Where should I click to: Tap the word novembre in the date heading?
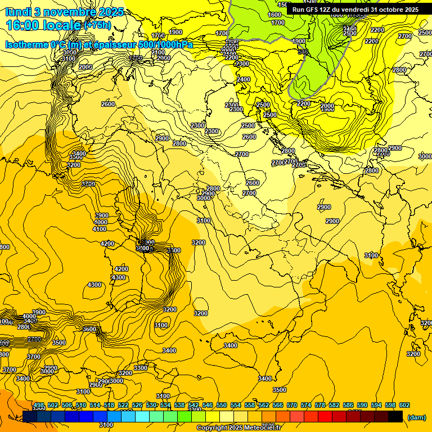pos(64,11)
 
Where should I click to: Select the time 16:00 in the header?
pos(25,25)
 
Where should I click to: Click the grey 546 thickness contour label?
pos(304,52)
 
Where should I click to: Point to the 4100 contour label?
pos(100,229)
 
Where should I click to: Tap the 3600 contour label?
pos(89,329)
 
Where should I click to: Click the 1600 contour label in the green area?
pos(274,15)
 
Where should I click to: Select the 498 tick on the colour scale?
pos(39,405)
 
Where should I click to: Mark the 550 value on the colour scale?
pos(222,405)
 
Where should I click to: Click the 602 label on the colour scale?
pos(404,405)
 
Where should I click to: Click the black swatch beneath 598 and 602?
pos(395,416)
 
